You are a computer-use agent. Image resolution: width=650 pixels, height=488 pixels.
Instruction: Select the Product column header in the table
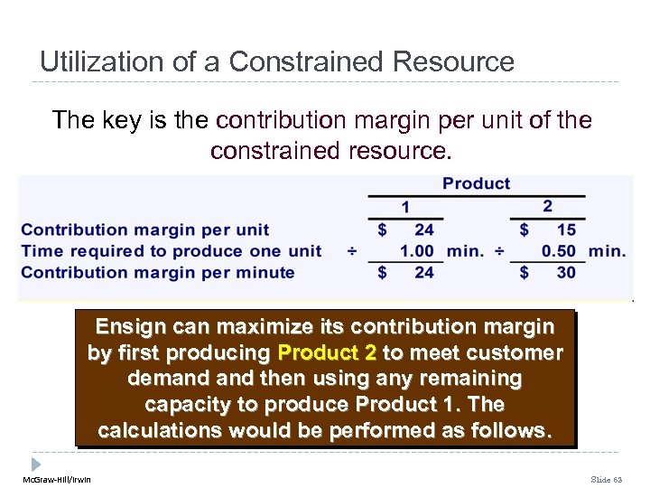[x=476, y=183]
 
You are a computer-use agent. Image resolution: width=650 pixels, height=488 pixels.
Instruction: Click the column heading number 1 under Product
[x=405, y=207]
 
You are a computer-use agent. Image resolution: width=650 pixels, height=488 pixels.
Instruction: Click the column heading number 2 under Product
[x=547, y=207]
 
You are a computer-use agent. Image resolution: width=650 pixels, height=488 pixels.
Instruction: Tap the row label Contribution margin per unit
[x=144, y=230]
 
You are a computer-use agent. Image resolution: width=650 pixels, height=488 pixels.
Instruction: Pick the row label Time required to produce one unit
[x=171, y=251]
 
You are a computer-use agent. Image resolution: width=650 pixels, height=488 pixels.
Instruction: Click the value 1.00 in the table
[x=416, y=251]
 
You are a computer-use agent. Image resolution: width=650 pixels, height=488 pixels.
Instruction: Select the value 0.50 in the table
[x=559, y=251]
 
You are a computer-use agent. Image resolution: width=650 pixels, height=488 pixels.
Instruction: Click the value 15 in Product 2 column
[x=566, y=230]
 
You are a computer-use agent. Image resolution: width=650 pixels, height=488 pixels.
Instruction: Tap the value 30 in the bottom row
[x=566, y=272]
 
